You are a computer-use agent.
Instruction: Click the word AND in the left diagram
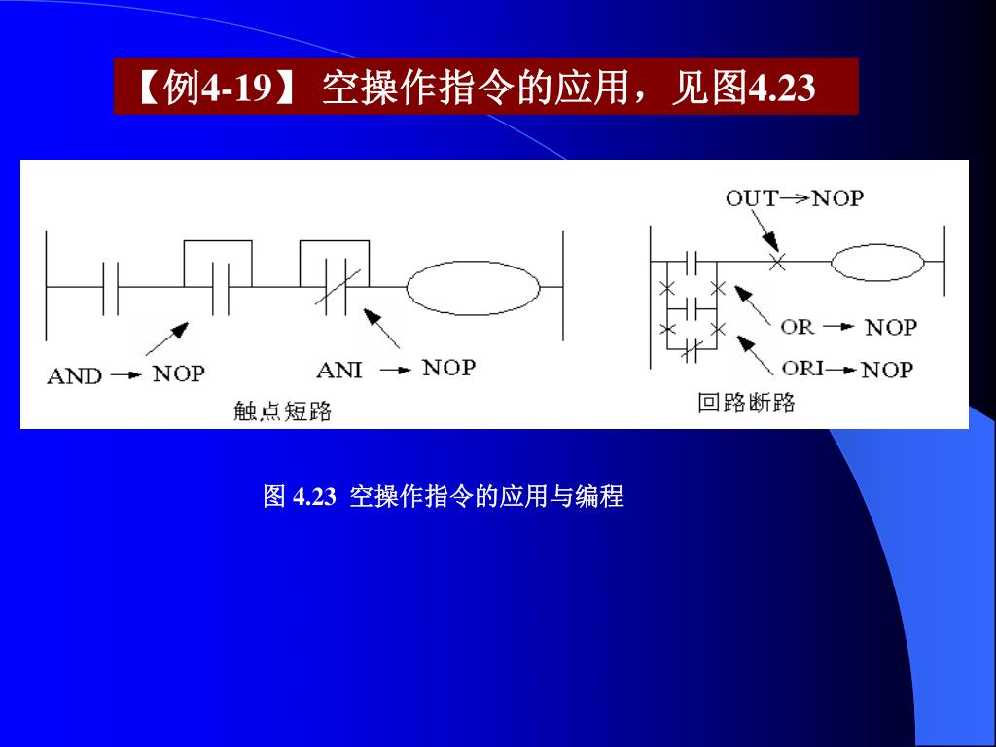coord(74,375)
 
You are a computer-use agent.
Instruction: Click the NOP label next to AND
coord(178,373)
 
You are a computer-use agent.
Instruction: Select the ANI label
coord(339,370)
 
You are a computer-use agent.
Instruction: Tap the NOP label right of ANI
coord(448,368)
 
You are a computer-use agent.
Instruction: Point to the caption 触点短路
coord(282,411)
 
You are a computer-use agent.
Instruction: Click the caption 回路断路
coord(746,403)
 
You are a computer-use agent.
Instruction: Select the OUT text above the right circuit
coord(751,198)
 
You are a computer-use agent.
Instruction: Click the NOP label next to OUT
coord(837,198)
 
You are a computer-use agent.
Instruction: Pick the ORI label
coord(802,369)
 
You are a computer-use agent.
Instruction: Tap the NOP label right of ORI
coord(887,370)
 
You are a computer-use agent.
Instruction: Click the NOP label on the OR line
coord(891,327)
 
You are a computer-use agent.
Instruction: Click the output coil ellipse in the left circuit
coord(473,287)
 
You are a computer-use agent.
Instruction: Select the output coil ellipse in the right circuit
coord(877,262)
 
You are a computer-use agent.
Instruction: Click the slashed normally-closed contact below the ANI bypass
coord(338,289)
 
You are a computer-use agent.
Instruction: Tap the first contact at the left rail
coord(111,288)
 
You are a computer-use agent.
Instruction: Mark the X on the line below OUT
coord(776,262)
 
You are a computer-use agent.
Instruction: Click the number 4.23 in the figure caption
coord(314,497)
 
